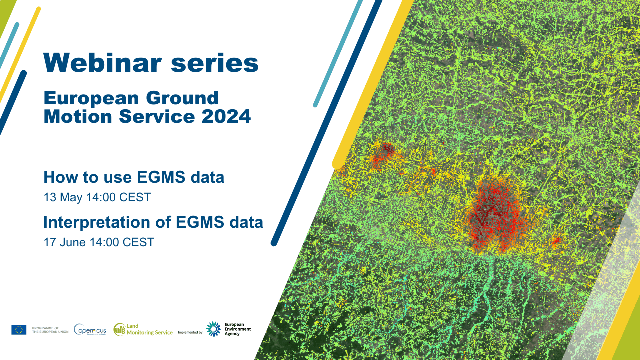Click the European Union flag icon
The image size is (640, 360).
[19, 329]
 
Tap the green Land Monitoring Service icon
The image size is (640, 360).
[119, 329]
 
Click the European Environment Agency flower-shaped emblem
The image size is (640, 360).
[214, 329]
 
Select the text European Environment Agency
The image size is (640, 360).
[238, 329]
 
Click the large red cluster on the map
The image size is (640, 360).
[492, 217]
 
